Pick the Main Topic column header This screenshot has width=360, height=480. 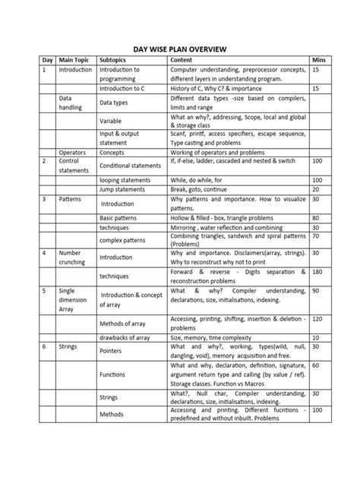(x=72, y=59)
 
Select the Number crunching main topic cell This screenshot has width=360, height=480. (x=71, y=257)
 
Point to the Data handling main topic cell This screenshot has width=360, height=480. (x=71, y=103)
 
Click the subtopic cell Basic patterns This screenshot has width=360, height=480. (x=120, y=217)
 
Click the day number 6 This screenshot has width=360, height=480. (x=43, y=346)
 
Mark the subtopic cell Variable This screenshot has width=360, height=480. (x=112, y=119)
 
